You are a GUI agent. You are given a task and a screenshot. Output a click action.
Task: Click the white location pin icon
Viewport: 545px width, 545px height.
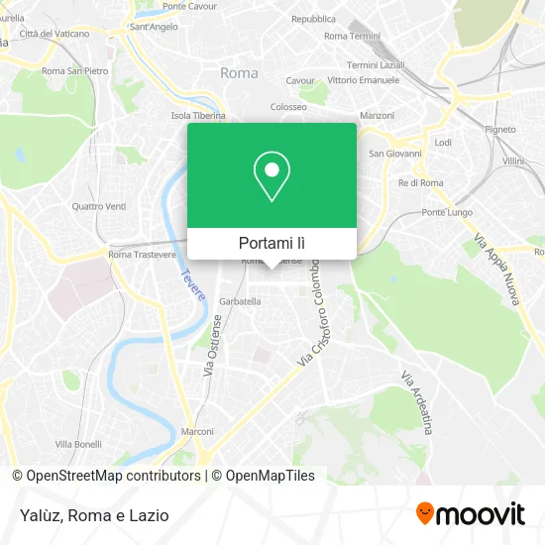tap(272, 175)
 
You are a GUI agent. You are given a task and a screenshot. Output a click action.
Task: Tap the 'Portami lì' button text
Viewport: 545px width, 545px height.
tap(272, 243)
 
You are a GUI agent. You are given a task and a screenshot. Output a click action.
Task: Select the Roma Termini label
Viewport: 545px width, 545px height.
tap(352, 35)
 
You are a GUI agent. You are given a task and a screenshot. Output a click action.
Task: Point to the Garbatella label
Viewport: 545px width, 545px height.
tap(240, 301)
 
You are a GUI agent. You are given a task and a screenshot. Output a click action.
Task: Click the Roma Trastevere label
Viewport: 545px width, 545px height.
tap(135, 255)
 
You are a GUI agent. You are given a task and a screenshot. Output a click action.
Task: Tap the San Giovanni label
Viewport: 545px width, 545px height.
tap(395, 154)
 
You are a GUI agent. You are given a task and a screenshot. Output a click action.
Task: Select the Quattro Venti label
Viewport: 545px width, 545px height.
tap(99, 206)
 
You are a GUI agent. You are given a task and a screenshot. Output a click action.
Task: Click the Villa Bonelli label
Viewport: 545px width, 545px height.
tap(78, 443)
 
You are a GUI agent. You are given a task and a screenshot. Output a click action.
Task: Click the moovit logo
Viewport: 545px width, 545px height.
tap(470, 514)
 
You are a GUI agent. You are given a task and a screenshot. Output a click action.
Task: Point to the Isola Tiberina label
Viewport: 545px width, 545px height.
tap(198, 115)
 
